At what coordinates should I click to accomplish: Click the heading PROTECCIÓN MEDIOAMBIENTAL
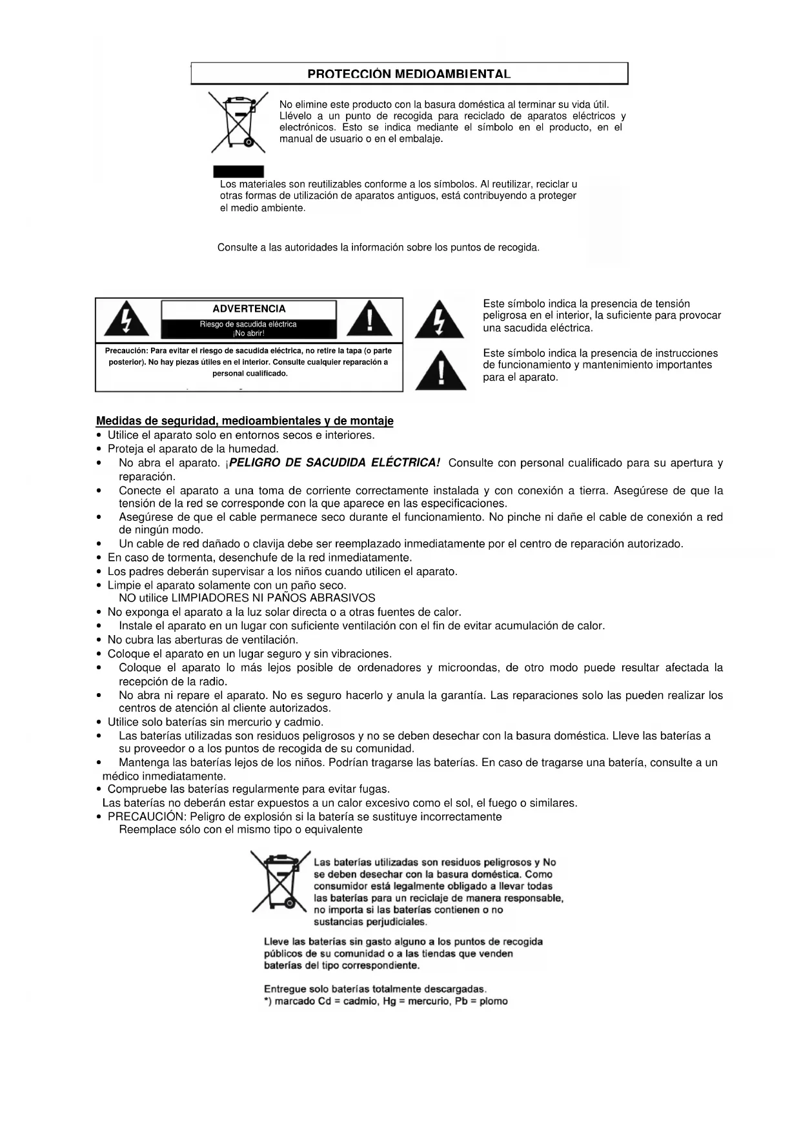[409, 74]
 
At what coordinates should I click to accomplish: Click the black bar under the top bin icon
[239, 171]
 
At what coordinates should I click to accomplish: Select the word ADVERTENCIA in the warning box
[248, 309]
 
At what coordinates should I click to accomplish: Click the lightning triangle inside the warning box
[127, 319]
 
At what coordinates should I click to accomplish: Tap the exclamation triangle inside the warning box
[369, 319]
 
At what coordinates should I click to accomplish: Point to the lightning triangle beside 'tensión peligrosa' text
[439, 319]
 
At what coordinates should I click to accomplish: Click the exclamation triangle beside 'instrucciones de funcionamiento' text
[441, 371]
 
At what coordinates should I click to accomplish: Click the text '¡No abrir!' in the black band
[248, 333]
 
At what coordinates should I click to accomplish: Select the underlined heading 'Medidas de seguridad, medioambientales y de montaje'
[245, 421]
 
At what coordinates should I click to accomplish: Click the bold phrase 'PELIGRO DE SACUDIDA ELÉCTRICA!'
[335, 463]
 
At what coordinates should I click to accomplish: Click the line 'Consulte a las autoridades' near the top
[378, 247]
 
